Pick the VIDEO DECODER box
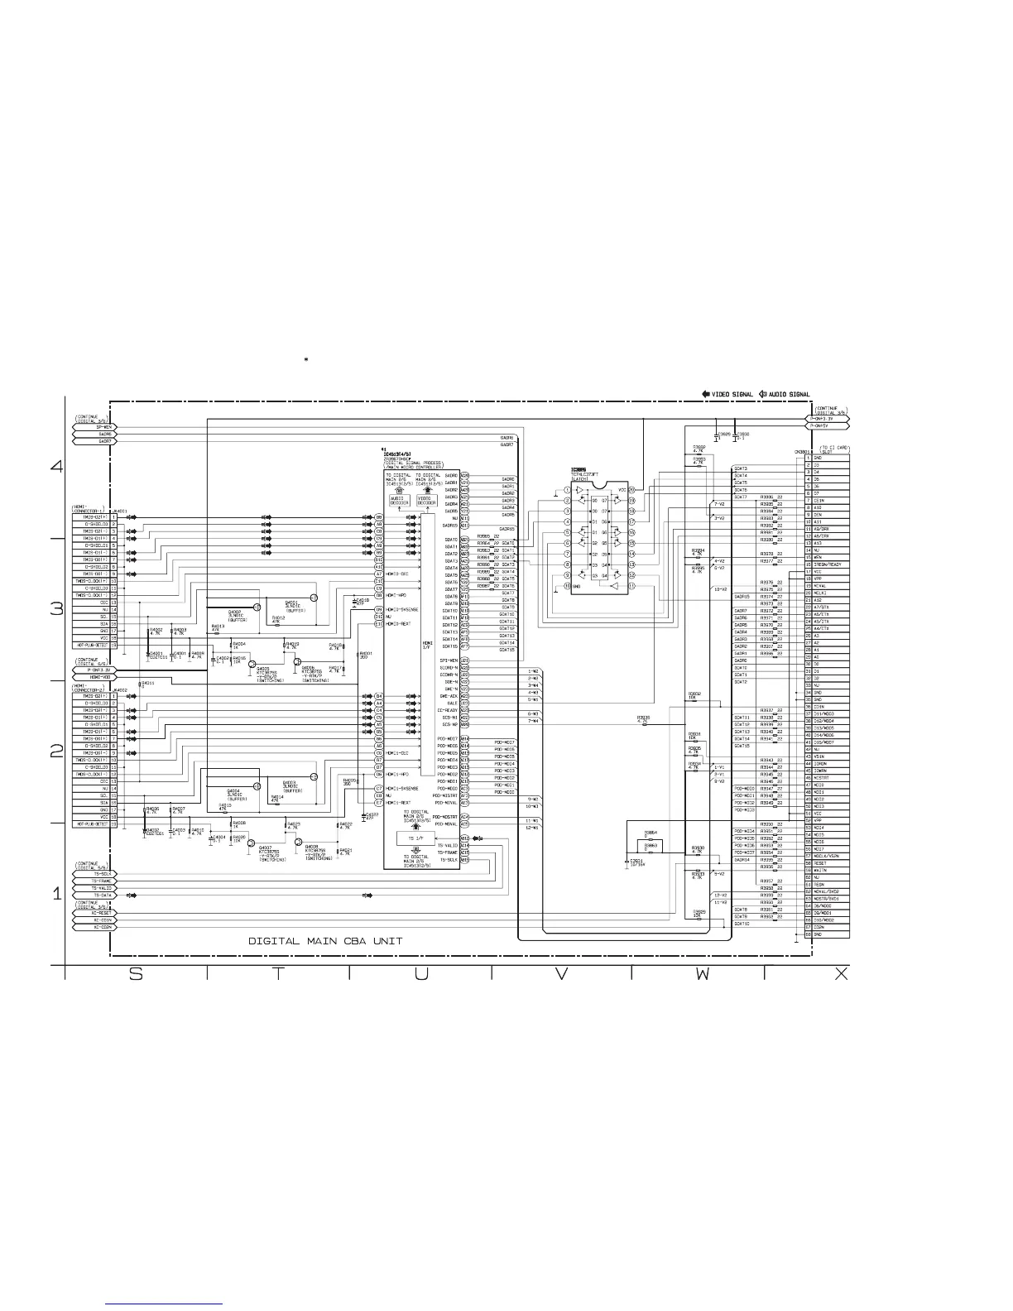(x=427, y=501)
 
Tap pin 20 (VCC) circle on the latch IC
(x=631, y=490)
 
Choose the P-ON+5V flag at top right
(x=828, y=426)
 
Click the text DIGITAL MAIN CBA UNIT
(x=326, y=941)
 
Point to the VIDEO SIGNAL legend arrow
(x=706, y=394)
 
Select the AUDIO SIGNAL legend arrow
(x=763, y=394)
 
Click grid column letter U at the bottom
(x=420, y=974)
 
